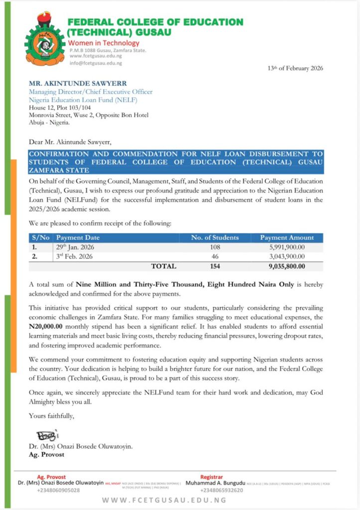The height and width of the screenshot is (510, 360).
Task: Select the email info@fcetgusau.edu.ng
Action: (x=96, y=63)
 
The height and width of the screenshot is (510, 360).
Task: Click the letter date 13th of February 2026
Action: (x=295, y=68)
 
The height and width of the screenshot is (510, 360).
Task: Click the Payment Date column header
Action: (x=78, y=238)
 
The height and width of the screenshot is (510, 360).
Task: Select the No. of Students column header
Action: (x=215, y=238)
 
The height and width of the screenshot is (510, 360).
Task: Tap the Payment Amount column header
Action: (x=287, y=238)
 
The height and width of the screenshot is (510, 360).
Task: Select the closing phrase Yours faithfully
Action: (x=51, y=415)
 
